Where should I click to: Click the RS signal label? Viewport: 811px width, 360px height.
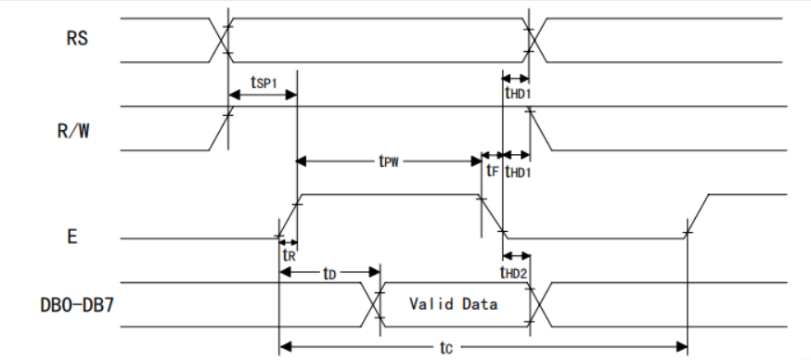point(77,39)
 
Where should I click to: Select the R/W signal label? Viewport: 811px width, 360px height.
point(73,132)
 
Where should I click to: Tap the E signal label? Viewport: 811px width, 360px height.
point(71,237)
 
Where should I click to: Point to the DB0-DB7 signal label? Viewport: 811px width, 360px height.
point(77,305)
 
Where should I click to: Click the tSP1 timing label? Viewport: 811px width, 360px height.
point(264,83)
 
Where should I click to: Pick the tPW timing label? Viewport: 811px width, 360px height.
point(389,161)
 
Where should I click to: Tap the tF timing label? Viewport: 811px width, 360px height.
point(492,171)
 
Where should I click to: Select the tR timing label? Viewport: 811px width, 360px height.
point(289,254)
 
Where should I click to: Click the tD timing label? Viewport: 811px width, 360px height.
point(329,273)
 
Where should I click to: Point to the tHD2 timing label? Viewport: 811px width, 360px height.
point(513,272)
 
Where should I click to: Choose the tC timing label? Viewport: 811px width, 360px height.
point(445,348)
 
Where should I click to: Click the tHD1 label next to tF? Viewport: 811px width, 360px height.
point(517,172)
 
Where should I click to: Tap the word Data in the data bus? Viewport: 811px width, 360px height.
point(481,303)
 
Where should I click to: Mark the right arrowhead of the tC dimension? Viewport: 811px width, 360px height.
point(681,346)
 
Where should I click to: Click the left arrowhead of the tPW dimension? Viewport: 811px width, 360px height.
point(302,161)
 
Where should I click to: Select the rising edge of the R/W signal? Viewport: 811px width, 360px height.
point(222,128)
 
